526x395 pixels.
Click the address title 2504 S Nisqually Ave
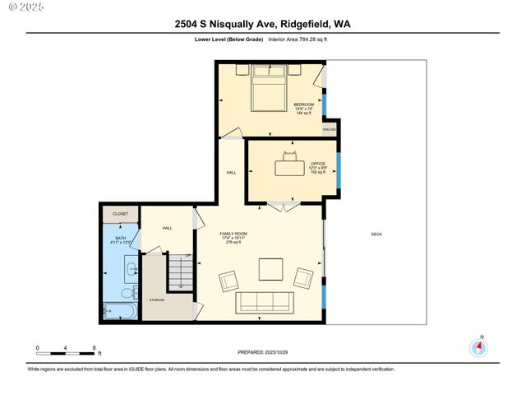[x=262, y=25]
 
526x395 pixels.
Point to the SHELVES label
[x=329, y=128]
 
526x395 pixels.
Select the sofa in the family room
[x=265, y=303]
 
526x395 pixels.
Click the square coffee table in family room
[x=270, y=270]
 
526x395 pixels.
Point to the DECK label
[x=376, y=235]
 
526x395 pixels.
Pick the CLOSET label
[x=121, y=214]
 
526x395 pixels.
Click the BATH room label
[x=121, y=240]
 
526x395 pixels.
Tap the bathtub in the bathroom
[x=119, y=312]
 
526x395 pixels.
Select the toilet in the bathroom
[x=128, y=294]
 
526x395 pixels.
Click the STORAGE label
[x=156, y=300]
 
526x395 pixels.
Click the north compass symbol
[x=479, y=347]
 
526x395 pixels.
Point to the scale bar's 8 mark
[x=95, y=348]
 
